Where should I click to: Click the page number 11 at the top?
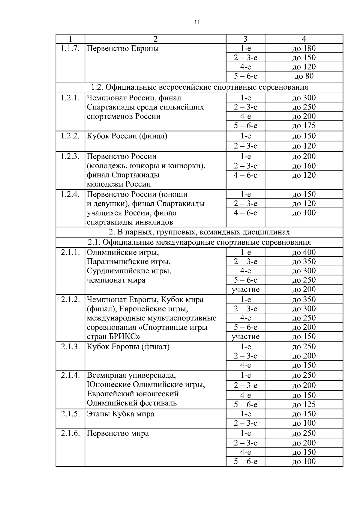(x=197, y=23)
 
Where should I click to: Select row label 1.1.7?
(x=70, y=49)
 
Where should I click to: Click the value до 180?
(x=304, y=49)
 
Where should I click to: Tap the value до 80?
(x=304, y=76)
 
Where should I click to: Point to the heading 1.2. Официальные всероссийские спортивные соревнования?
(x=199, y=87)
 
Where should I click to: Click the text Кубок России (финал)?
(x=127, y=136)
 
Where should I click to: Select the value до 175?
(x=304, y=126)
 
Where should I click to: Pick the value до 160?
(x=304, y=166)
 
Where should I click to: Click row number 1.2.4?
(x=70, y=194)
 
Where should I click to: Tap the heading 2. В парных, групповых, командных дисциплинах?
(x=199, y=232)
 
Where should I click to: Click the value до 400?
(x=304, y=252)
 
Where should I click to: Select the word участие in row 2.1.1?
(x=245, y=289)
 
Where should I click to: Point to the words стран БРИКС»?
(x=113, y=336)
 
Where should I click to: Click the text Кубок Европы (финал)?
(x=128, y=347)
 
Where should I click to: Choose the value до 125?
(x=304, y=404)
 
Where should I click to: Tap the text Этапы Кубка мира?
(x=120, y=414)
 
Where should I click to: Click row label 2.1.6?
(x=70, y=433)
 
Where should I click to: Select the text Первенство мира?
(x=118, y=433)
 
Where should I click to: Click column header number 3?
(x=245, y=39)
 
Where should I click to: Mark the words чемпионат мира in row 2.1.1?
(x=116, y=280)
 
